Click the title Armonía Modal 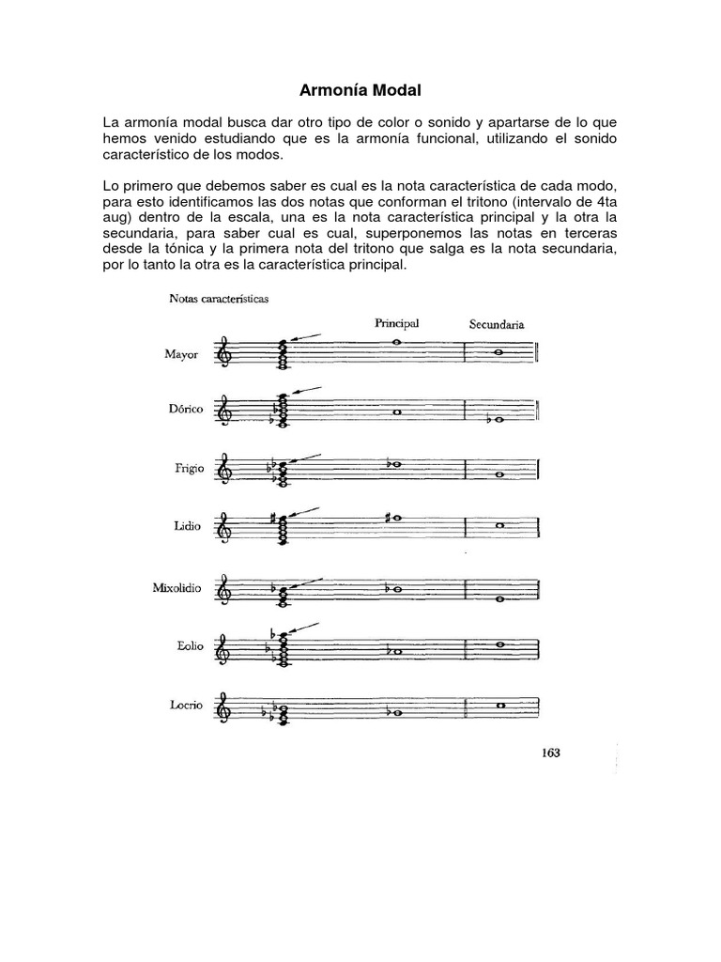[360, 91]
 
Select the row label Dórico [182, 411]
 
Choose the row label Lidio [188, 527]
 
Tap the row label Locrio [185, 706]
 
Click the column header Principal [397, 322]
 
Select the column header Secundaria [497, 324]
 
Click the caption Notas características [218, 300]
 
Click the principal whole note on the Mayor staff [398, 343]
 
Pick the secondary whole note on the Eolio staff [501, 644]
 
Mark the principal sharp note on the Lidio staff [395, 518]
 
